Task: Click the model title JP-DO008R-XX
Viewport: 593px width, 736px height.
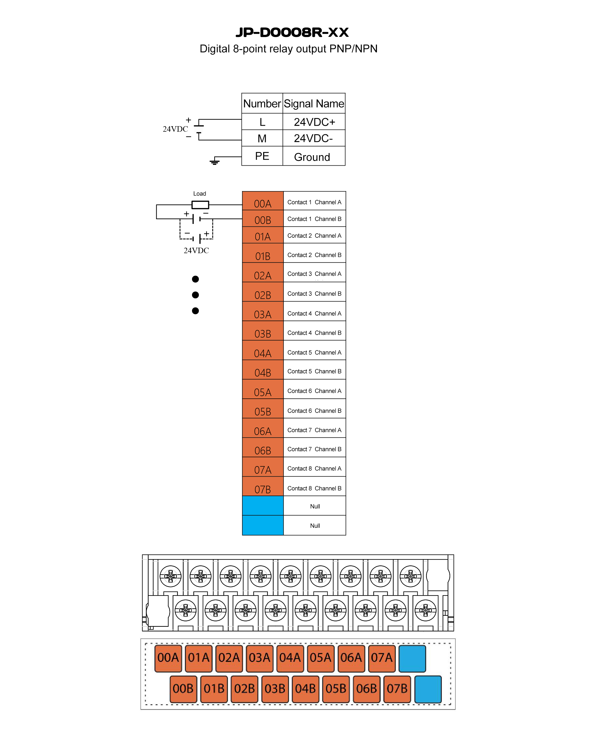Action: point(292,32)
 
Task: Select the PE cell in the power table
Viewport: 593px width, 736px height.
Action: point(262,156)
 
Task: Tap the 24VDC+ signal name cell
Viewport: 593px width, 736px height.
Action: point(314,122)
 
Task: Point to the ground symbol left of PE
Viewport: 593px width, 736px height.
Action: point(214,161)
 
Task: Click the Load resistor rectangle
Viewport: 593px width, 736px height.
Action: point(200,205)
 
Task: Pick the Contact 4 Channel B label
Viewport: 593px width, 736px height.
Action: point(314,333)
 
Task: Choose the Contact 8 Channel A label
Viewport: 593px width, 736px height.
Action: point(314,469)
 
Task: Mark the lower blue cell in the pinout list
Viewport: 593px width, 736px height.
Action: point(262,525)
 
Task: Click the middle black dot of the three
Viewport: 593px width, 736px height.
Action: point(195,295)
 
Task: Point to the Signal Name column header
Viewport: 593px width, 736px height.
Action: point(314,103)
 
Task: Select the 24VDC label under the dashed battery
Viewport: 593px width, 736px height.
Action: point(196,251)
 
